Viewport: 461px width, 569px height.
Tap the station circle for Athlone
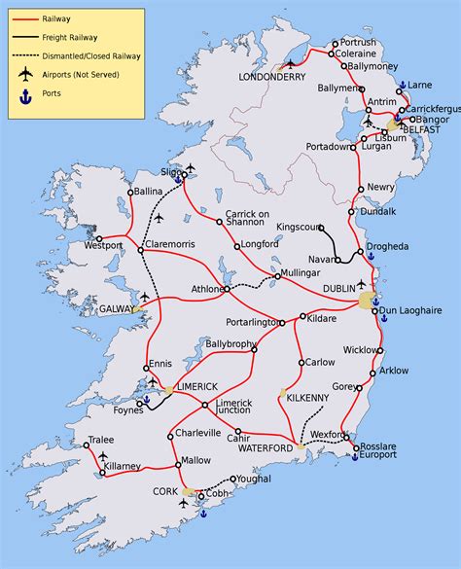tap(225, 289)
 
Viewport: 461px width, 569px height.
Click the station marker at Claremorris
tap(140, 249)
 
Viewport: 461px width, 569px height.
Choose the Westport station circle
tap(98, 236)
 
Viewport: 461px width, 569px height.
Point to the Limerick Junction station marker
tap(204, 405)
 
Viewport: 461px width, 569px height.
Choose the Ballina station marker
tap(130, 194)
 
